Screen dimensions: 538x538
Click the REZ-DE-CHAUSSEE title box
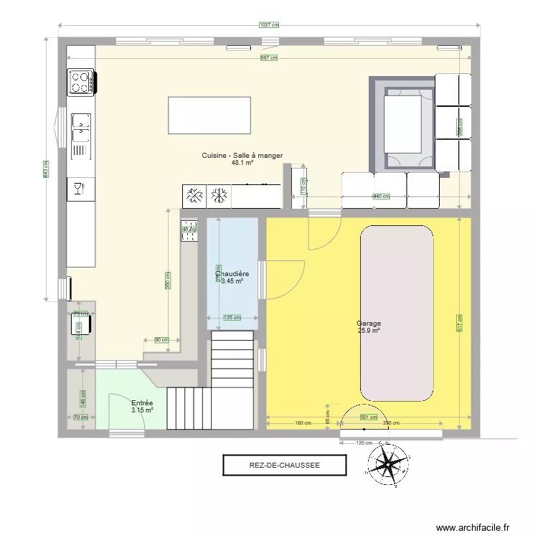coord(285,465)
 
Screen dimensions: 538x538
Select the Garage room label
coord(369,324)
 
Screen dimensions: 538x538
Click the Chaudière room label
coord(232,274)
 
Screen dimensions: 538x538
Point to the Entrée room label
coord(142,403)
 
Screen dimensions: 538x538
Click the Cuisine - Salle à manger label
coord(242,155)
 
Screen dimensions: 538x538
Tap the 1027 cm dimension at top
coord(268,24)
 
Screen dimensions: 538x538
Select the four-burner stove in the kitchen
coord(81,82)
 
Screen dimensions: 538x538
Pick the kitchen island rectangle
coord(209,115)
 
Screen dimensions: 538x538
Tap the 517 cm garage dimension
coord(459,324)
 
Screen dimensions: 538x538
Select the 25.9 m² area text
coord(369,331)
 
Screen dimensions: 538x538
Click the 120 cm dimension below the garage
coord(365,443)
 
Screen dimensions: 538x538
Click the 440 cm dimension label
coord(381,197)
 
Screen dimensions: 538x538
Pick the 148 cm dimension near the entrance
coord(83,399)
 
